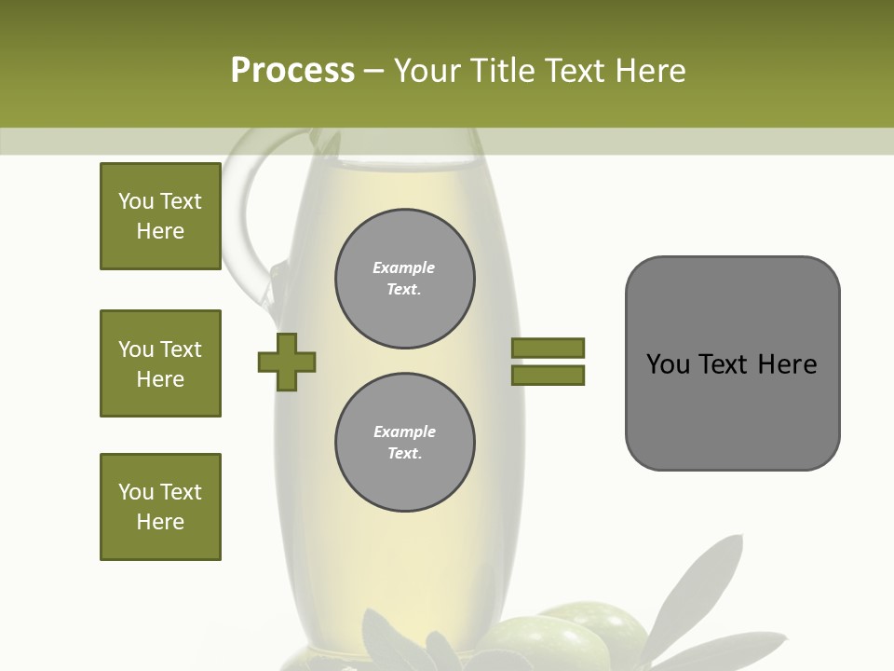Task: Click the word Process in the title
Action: click(292, 71)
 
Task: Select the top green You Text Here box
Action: click(160, 216)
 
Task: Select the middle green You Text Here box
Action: click(160, 363)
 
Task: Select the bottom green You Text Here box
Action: click(160, 507)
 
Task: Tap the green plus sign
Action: click(287, 362)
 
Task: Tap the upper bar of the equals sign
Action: click(548, 348)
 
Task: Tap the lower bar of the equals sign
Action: click(548, 375)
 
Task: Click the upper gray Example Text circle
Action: click(405, 279)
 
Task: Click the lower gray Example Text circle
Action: click(405, 443)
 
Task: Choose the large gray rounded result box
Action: click(732, 363)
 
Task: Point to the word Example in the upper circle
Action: click(404, 267)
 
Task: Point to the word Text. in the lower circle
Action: click(404, 454)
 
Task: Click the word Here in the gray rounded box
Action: click(787, 364)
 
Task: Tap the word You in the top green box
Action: click(136, 201)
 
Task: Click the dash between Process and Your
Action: click(374, 72)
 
